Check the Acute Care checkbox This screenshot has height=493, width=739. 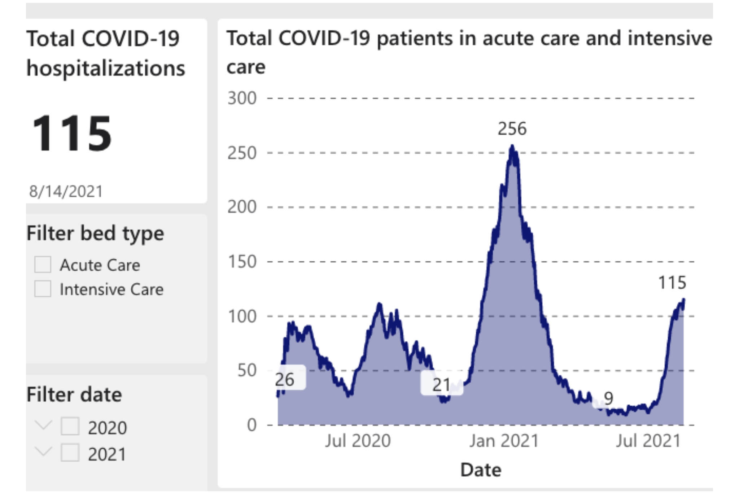43,265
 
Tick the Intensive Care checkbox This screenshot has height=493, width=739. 43,289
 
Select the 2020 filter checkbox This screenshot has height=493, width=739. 70,426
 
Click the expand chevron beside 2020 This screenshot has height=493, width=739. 44,425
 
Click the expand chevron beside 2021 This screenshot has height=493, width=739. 44,451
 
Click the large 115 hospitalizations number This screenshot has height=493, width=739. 72,133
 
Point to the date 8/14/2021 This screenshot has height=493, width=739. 66,191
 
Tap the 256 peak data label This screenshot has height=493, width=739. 512,129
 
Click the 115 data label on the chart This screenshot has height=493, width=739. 672,283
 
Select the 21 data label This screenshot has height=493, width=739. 441,385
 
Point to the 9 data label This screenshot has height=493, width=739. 608,398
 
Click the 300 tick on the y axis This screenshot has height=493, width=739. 242,98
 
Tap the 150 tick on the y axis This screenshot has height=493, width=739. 242,262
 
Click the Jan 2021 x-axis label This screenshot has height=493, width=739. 504,441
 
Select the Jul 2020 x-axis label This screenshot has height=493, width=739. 358,441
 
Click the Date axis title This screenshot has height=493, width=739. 481,470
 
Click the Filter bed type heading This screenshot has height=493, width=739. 95,233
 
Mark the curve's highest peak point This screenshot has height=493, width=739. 512,146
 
